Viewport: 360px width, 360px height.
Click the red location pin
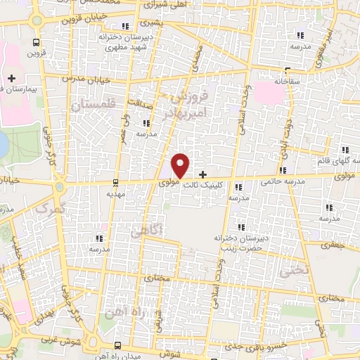coord(181,165)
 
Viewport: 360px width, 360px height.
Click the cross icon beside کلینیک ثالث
coord(204,174)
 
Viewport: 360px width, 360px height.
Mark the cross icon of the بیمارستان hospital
coord(11,77)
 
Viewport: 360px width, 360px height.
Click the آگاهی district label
coord(167,229)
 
